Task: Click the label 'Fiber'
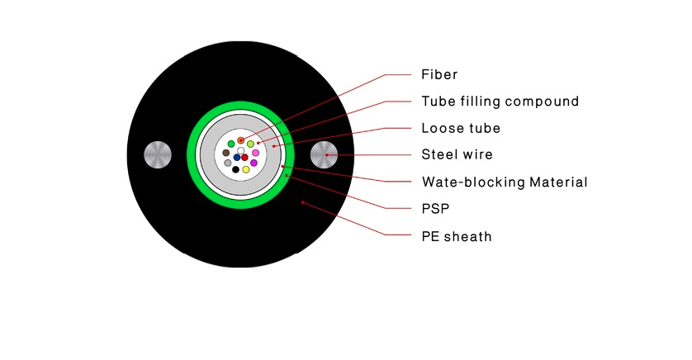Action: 439,74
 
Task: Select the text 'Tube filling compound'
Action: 500,102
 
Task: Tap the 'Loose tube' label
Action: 461,128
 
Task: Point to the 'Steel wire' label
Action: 457,154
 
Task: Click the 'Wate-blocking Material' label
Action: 505,182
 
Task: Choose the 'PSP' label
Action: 435,209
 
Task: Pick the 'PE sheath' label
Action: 457,236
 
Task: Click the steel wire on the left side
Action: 158,155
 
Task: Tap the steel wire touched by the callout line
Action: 324,155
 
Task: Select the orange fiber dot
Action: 240,140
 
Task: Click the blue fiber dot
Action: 237,158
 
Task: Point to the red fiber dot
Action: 244,158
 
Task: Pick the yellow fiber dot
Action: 246,169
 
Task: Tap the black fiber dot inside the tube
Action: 235,169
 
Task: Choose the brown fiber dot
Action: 226,153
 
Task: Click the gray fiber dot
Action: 228,163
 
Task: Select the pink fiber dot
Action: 255,153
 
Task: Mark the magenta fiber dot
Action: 254,163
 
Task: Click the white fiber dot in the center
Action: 240,151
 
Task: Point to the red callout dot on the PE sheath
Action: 303,202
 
